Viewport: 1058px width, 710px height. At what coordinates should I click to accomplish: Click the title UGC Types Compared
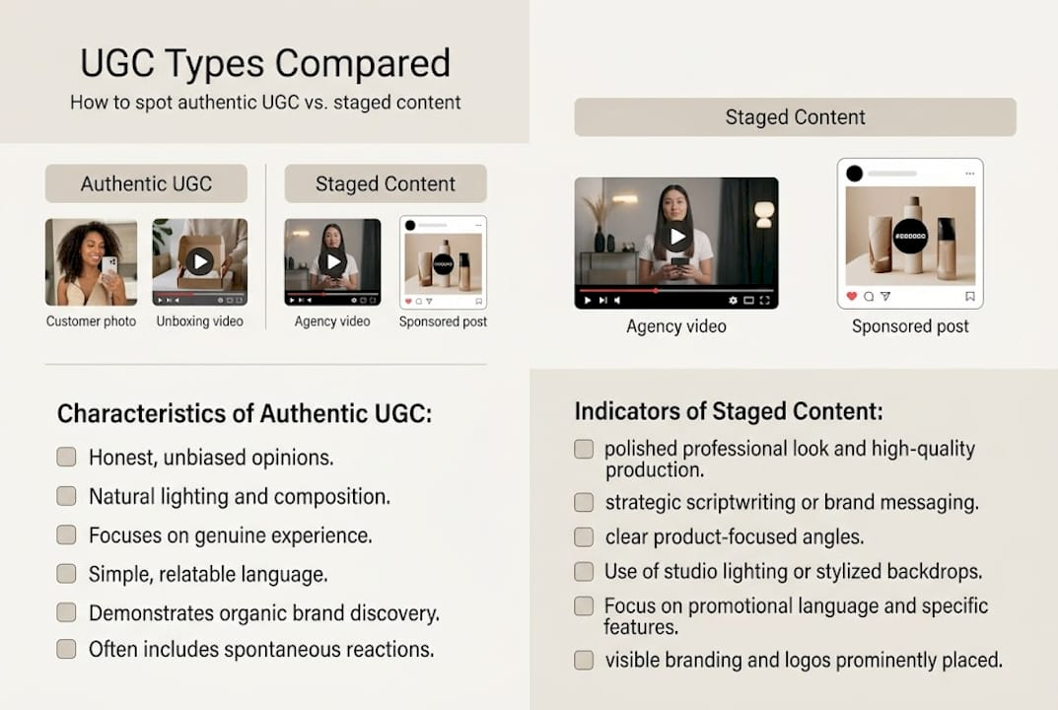(264, 63)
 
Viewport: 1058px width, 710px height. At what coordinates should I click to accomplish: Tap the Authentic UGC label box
(146, 183)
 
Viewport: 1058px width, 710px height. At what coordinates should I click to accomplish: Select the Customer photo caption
(91, 321)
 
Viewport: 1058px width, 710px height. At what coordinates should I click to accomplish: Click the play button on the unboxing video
(199, 261)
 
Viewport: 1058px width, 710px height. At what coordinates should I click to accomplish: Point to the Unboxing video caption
(199, 321)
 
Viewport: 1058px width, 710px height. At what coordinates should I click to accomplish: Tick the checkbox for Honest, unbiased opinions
(66, 457)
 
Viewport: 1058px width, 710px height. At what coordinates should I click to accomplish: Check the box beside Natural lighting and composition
(66, 496)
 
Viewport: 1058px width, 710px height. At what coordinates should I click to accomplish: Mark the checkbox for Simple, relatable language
(66, 573)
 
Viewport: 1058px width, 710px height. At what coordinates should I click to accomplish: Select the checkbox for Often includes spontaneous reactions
(66, 649)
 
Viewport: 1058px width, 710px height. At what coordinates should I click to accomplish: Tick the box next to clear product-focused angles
(584, 537)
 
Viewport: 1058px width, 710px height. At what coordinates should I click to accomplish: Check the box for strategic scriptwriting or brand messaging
(584, 502)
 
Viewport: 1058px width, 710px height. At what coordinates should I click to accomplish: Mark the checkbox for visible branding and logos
(584, 660)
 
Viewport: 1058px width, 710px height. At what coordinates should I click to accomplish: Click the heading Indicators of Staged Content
(729, 411)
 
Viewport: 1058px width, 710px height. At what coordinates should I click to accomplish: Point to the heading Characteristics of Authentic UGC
(245, 413)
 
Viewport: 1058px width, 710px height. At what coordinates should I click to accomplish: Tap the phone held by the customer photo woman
(108, 266)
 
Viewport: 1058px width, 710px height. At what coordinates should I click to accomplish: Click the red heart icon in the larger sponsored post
(852, 296)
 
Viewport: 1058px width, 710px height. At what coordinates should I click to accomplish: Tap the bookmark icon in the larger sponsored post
(970, 296)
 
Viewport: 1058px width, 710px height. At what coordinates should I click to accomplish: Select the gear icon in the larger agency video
(733, 300)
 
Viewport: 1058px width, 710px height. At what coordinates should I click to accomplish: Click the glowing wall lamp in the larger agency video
(764, 212)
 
